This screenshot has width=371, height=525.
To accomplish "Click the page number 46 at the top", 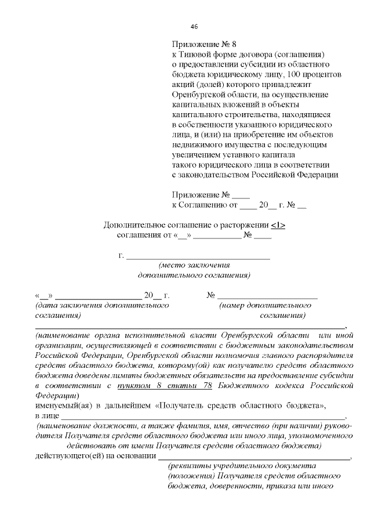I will [x=194, y=27].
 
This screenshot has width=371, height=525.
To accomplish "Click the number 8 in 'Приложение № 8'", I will [x=234, y=44].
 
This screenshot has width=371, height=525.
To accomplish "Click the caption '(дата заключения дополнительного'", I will [x=101, y=305].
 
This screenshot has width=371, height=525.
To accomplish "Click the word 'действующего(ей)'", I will [x=67, y=455].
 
